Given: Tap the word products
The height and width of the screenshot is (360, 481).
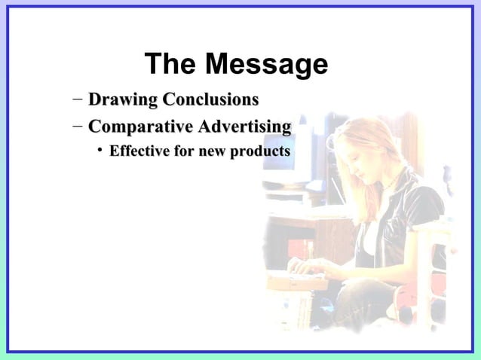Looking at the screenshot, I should [260, 152].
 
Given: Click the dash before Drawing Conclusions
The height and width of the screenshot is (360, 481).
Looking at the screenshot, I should [78, 99].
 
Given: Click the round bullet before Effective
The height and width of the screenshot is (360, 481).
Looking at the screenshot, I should [99, 152].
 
